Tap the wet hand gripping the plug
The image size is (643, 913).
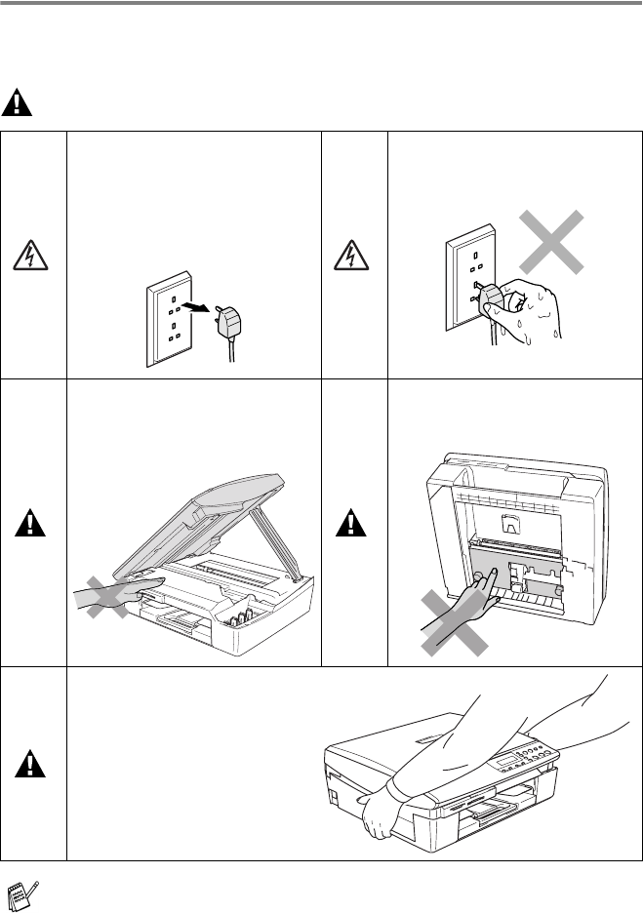(x=527, y=310)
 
